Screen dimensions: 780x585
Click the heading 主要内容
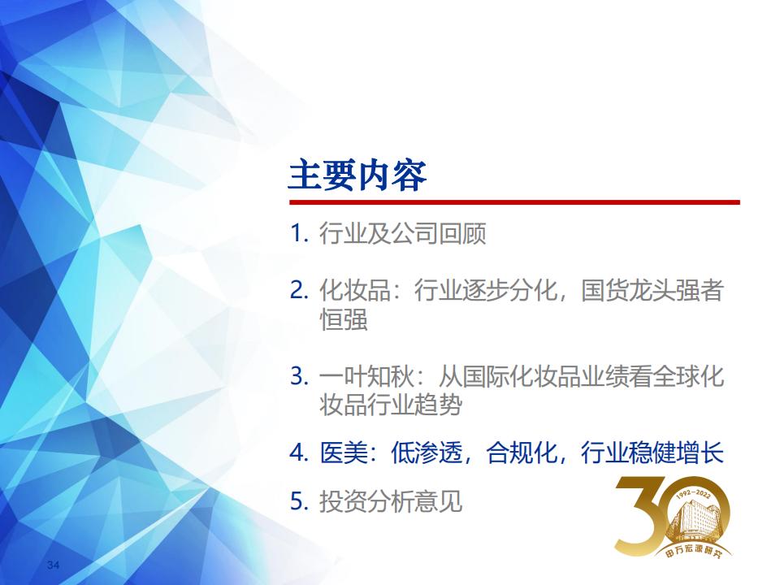tap(357, 175)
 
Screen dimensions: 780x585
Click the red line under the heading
tap(514, 202)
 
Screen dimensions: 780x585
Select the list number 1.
tap(300, 233)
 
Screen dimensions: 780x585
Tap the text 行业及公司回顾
tap(402, 234)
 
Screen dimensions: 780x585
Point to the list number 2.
tap(300, 290)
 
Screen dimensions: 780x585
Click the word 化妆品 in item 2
tap(355, 291)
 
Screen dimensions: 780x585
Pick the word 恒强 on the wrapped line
tap(343, 319)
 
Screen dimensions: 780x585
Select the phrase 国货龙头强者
tap(652, 291)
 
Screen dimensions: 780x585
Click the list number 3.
tap(300, 375)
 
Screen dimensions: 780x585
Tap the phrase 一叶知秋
tap(366, 376)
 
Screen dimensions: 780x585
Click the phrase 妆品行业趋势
tap(391, 405)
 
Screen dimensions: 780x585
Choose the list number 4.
tap(300, 453)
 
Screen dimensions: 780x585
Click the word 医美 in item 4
tap(343, 453)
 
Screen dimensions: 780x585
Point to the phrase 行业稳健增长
tap(652, 453)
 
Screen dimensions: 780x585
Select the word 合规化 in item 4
tap(522, 453)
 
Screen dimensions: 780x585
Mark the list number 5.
tap(300, 501)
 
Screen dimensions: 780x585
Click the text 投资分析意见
tap(391, 501)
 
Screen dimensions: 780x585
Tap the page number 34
tap(54, 565)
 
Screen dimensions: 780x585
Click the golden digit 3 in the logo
tap(641, 515)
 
